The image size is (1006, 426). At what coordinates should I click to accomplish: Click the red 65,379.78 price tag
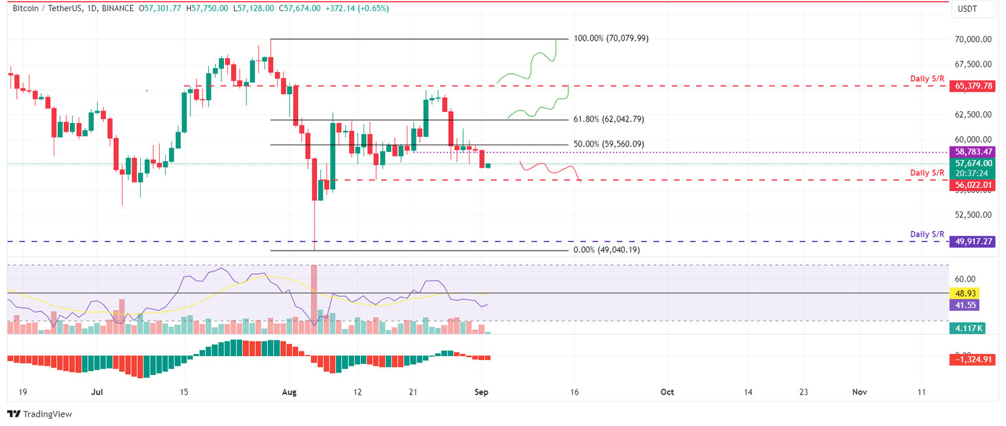(974, 86)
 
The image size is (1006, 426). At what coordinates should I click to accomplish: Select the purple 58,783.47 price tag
(974, 152)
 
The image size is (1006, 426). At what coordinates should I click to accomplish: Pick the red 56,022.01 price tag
(974, 185)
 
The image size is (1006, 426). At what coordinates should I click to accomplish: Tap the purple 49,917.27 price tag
(974, 241)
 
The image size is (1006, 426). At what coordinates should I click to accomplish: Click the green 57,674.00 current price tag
(974, 164)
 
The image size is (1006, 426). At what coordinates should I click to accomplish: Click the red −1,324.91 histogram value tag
(974, 359)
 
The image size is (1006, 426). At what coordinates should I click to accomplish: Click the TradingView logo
(39, 414)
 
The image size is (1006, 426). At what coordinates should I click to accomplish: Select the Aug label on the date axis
(289, 391)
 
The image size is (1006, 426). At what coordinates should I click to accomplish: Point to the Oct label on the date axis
(667, 391)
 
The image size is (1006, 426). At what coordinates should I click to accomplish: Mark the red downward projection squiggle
(550, 170)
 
